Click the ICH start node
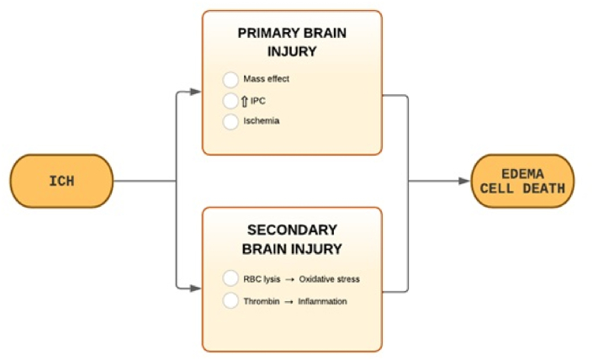(61, 181)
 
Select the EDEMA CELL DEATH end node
(522, 181)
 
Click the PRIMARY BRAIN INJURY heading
(292, 42)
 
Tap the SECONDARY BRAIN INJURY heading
(292, 239)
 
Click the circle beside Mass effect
(230, 81)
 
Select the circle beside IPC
(230, 101)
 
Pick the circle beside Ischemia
(230, 121)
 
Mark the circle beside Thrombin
(230, 300)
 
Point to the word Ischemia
(262, 121)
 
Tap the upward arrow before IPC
(245, 101)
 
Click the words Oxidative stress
(329, 279)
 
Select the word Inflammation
(322, 300)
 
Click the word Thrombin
(261, 300)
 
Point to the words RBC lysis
(262, 279)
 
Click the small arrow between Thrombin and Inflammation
(289, 300)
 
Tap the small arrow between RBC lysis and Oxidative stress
(289, 279)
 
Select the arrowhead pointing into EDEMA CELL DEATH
(464, 181)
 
